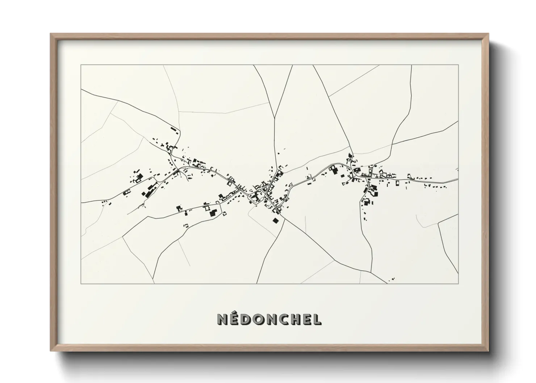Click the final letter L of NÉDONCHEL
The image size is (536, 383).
coord(317,320)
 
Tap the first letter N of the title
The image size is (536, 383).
coord(222,320)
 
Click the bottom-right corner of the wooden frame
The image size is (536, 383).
coord(489,351)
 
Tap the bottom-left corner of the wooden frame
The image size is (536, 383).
coord(51,351)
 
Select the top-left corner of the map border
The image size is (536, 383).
coord(81,65)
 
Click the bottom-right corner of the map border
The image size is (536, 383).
coord(458,284)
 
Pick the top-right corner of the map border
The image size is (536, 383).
coord(458,65)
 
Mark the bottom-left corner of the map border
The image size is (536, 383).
coord(81,284)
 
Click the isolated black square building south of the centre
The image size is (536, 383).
coord(276,220)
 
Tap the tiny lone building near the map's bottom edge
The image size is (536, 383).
coord(392,279)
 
